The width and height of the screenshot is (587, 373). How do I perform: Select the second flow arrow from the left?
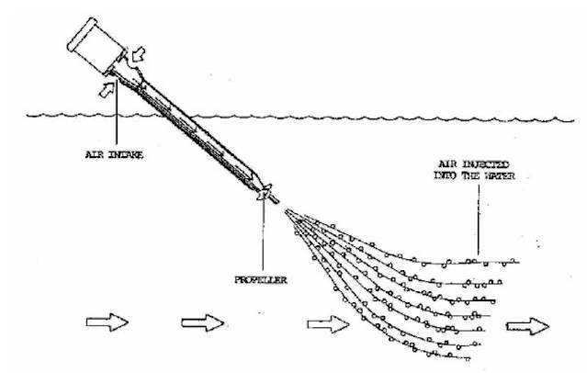(203, 323)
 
